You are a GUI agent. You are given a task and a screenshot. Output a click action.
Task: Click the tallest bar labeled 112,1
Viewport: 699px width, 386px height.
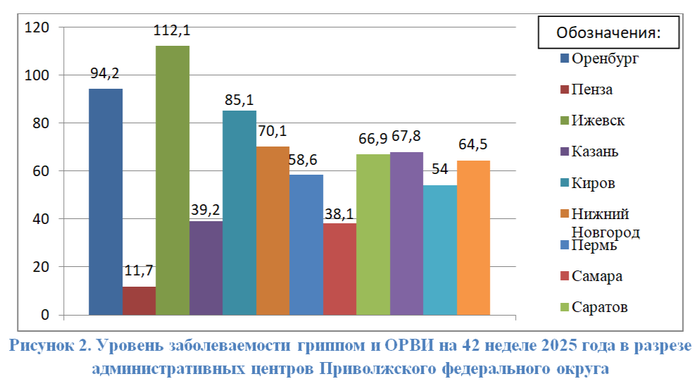coord(172,180)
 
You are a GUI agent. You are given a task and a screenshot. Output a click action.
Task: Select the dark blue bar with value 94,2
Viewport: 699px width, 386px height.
coord(106,201)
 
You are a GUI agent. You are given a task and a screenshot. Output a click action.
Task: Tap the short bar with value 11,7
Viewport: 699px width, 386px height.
coord(139,301)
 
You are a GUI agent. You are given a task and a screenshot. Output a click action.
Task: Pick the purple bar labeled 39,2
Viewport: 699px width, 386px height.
coord(206,268)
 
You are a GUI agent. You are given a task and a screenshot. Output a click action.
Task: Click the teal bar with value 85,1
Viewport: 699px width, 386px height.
coord(239,213)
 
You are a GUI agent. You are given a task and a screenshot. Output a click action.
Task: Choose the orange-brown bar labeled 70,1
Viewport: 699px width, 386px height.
coord(273,231)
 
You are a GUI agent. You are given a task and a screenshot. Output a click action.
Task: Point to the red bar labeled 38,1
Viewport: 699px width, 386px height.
coord(340,269)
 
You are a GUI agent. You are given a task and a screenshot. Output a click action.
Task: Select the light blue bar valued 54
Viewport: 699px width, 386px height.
coord(440,250)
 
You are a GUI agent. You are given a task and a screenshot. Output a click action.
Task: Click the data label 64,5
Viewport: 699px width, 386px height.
coord(473,144)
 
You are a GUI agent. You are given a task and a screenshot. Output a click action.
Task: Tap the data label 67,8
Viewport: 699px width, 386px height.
coord(406,136)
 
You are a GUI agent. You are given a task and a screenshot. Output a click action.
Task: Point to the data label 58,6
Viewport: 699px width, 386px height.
coord(303,160)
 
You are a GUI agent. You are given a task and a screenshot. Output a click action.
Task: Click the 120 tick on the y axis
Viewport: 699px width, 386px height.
coord(37,27)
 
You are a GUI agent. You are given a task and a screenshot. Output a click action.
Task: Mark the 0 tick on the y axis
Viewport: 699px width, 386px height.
coord(45,315)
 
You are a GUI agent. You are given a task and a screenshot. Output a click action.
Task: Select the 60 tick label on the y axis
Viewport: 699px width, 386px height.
coord(41,171)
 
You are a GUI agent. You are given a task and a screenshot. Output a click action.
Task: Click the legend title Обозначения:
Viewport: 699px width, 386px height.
coord(608,32)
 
